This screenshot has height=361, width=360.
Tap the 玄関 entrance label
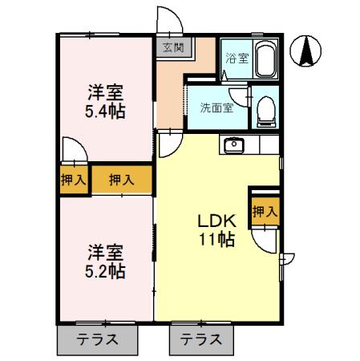coord(172,47)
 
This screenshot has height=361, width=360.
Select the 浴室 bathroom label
coord(235,59)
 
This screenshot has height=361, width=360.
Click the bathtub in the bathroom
coord(265,59)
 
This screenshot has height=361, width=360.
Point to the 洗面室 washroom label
coord(216,107)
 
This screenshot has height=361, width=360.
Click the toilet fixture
coord(265,112)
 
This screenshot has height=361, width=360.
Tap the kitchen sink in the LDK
coord(235,145)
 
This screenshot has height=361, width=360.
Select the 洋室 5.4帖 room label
coord(104,99)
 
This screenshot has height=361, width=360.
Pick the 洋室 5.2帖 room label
coord(105,262)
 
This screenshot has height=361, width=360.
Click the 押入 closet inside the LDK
coord(264,211)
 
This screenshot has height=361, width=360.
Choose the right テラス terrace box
coord(198,339)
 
